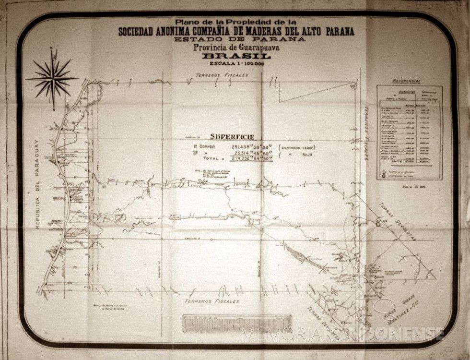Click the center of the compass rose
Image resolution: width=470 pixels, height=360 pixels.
tap(52, 78)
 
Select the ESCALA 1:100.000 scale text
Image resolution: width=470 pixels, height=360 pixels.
tap(235, 63)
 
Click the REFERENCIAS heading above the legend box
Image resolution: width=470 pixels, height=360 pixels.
tap(406, 82)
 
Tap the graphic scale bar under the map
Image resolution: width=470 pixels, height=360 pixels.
tap(237, 323)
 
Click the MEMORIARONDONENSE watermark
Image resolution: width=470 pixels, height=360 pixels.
tap(343, 333)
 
